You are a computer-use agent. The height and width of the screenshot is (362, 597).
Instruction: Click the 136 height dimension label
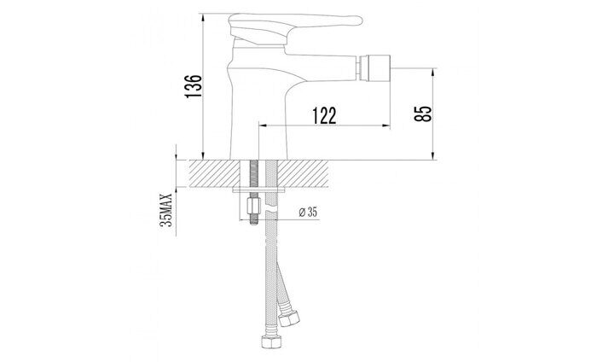tap(194, 86)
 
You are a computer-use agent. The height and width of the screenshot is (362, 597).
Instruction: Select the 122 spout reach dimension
tap(324, 116)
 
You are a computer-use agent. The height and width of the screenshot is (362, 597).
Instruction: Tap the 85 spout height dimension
tap(423, 114)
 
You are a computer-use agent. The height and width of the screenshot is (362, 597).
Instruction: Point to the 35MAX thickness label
tap(166, 210)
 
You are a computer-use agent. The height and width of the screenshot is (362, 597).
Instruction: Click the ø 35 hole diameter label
tap(308, 212)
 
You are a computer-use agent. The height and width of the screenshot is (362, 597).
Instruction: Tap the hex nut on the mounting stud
tap(254, 206)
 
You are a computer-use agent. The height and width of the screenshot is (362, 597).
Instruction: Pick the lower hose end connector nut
tap(271, 342)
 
